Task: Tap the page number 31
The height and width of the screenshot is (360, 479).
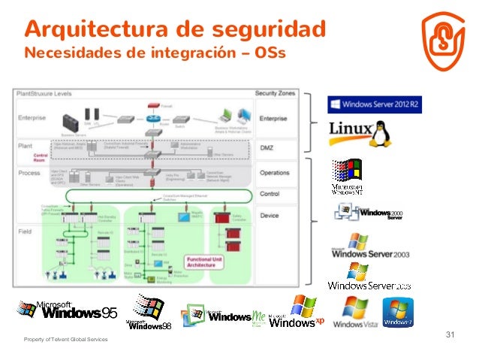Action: pos(451,334)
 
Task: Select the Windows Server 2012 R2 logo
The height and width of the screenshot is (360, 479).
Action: pos(374,103)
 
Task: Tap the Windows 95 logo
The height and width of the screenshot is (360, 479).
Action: pos(69,310)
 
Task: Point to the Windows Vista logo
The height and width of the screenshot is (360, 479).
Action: pos(354,314)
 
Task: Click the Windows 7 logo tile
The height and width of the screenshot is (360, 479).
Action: pos(398,313)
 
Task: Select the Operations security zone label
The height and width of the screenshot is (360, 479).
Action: pos(274,173)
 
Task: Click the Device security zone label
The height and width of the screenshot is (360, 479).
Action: pos(270,215)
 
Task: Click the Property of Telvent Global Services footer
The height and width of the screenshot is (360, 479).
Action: pos(65,341)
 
